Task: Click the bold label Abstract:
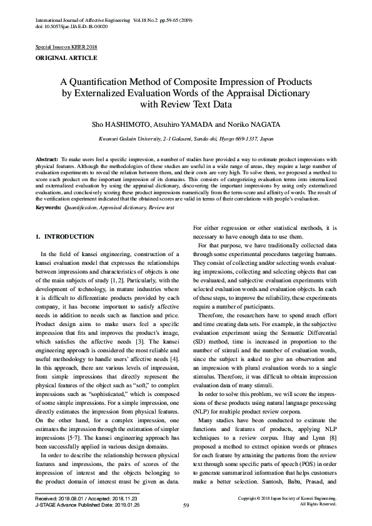click(x=46, y=161)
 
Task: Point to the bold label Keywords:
click(x=48, y=206)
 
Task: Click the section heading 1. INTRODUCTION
click(x=65, y=237)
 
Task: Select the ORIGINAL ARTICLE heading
click(x=66, y=58)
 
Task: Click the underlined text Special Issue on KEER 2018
click(x=66, y=47)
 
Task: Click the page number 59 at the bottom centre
click(x=186, y=505)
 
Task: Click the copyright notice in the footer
click(x=288, y=498)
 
